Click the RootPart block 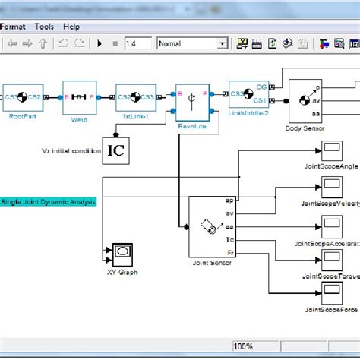click(22, 96)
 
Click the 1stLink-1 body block click(135, 96)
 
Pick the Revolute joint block click(191, 98)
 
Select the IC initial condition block click(115, 150)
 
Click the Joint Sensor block click(212, 226)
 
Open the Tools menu click(44, 26)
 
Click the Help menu click(71, 26)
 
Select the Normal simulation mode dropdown click(191, 44)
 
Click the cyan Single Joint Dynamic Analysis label click(48, 201)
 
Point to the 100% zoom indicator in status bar click(243, 346)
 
